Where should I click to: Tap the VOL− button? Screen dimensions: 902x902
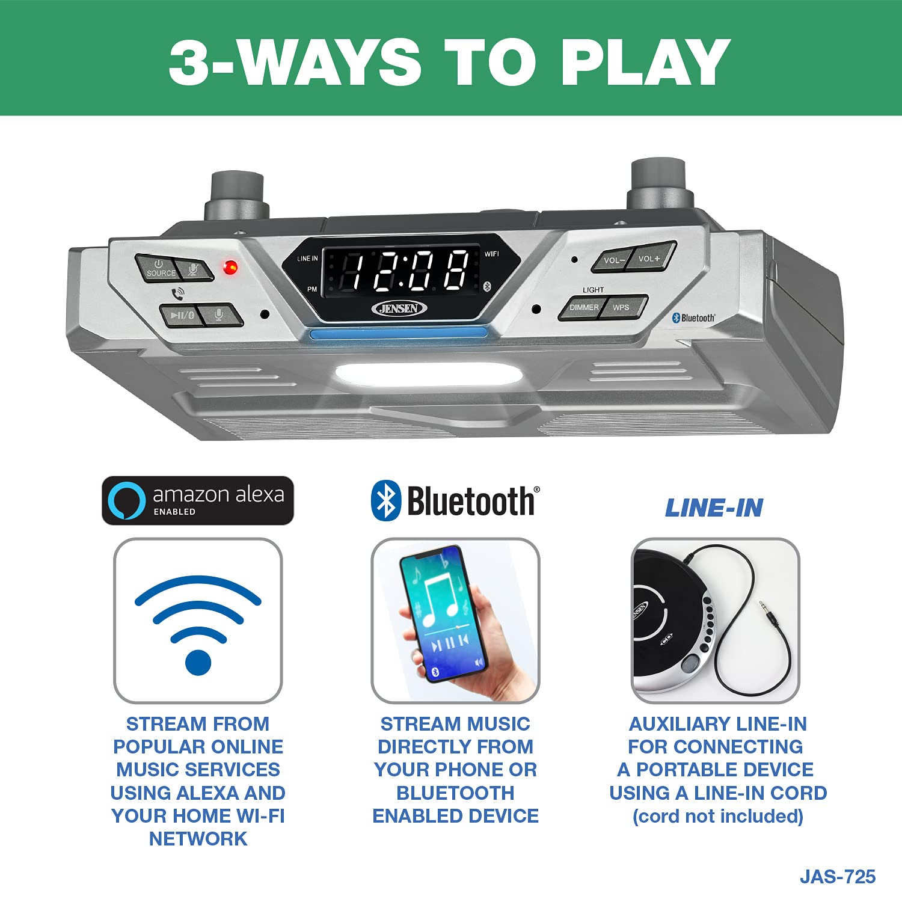pos(613,260)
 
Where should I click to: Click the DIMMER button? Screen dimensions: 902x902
pos(583,307)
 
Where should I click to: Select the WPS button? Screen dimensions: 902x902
pos(623,307)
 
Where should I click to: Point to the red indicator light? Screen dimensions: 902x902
pos(230,267)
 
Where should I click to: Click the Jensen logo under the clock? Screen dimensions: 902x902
pos(399,308)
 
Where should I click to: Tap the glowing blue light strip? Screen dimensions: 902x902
pos(397,333)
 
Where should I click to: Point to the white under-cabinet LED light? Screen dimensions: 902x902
pos(428,374)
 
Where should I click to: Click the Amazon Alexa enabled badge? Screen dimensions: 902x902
pos(198,500)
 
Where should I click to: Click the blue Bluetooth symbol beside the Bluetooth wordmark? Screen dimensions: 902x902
pos(385,500)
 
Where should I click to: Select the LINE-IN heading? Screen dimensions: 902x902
pos(714,508)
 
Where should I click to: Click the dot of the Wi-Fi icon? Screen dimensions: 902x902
pos(198,662)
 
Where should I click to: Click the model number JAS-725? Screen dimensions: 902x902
pos(837,877)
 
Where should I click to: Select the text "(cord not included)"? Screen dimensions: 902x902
pos(717,816)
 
